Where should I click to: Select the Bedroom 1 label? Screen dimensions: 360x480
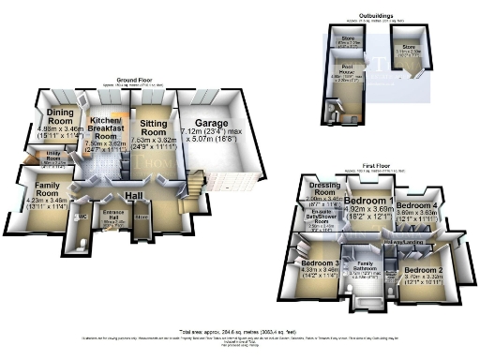368,202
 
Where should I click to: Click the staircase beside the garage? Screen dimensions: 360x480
194,180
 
